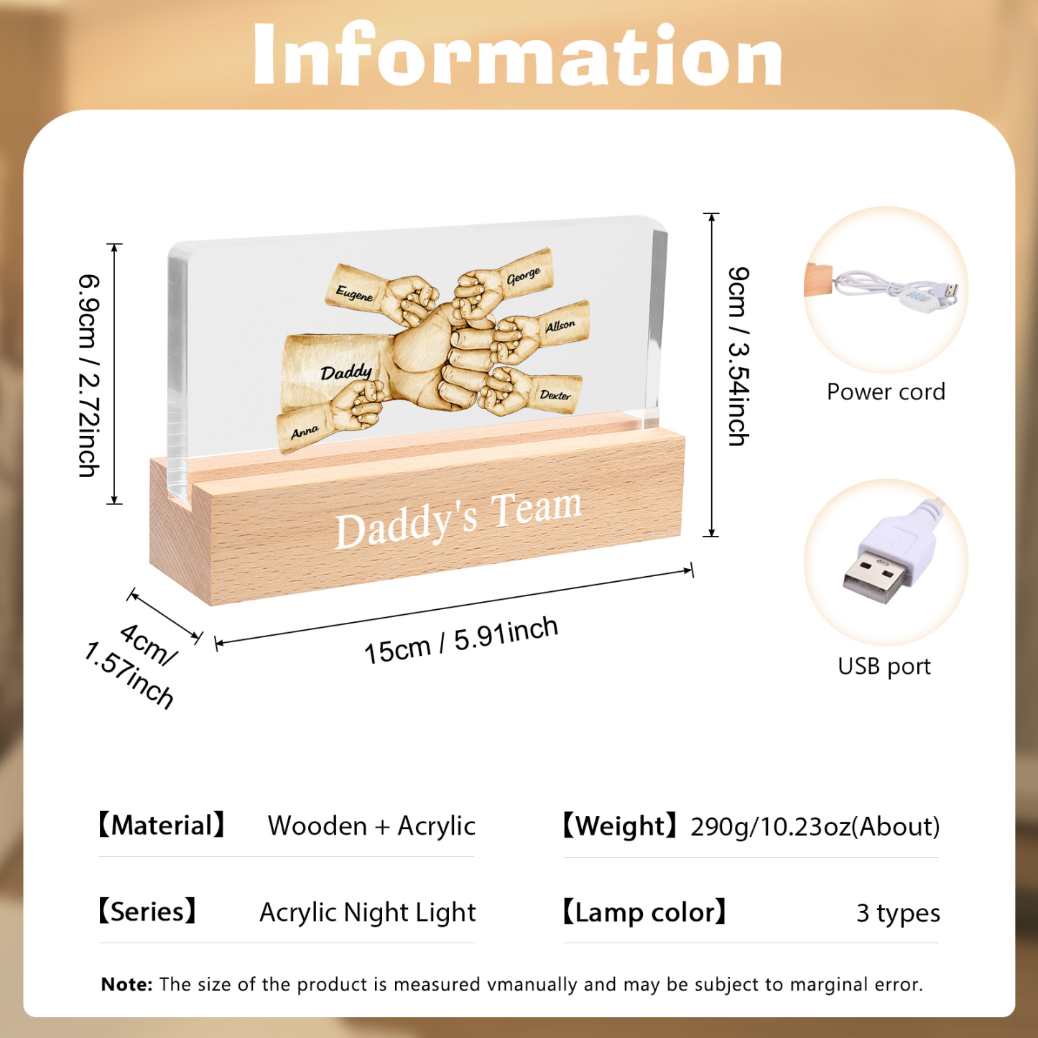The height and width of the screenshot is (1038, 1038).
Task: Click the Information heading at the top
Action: pyautogui.click(x=518, y=55)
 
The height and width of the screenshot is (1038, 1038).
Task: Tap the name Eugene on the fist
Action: pyautogui.click(x=354, y=294)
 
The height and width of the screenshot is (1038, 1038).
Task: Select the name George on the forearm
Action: pyautogui.click(x=523, y=277)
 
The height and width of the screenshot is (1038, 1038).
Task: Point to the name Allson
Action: pyautogui.click(x=560, y=326)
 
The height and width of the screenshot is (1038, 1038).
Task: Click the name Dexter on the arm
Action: pyautogui.click(x=555, y=395)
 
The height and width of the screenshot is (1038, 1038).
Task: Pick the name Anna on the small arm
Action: pyautogui.click(x=305, y=432)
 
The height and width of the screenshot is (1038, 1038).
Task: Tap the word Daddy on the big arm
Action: pyautogui.click(x=346, y=371)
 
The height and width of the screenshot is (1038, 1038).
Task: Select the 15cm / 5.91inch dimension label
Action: pyautogui.click(x=461, y=640)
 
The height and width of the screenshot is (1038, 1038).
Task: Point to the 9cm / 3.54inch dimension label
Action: pyautogui.click(x=738, y=356)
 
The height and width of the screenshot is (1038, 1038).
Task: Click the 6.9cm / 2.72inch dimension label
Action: pyautogui.click(x=88, y=376)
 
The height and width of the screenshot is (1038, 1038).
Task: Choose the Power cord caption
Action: pyautogui.click(x=886, y=391)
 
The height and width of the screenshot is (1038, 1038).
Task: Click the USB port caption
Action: pyautogui.click(x=884, y=667)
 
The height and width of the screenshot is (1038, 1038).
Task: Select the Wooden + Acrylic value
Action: pyautogui.click(x=371, y=826)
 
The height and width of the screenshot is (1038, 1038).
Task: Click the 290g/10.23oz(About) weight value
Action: pyautogui.click(x=815, y=827)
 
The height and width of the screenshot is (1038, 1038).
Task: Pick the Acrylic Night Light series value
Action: pyautogui.click(x=367, y=912)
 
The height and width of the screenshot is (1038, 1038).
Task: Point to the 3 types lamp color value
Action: pyautogui.click(x=898, y=913)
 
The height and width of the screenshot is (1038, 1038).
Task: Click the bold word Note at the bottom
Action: pyautogui.click(x=126, y=984)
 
